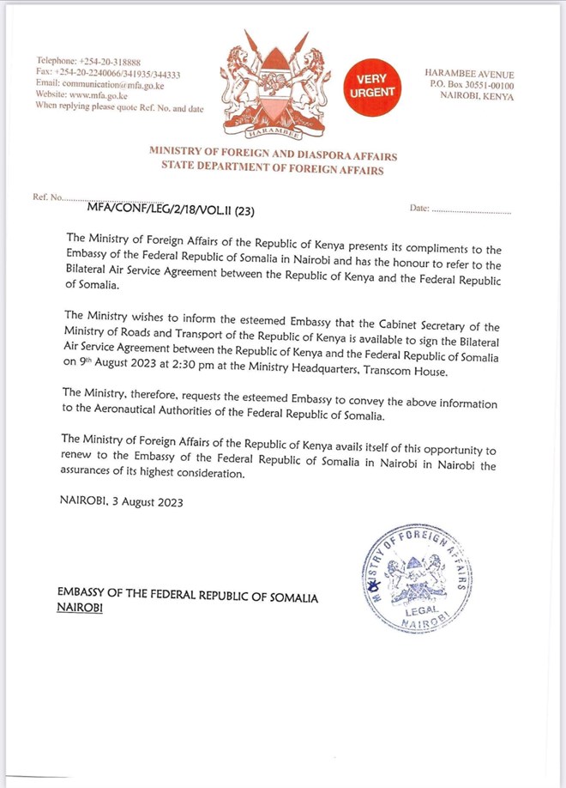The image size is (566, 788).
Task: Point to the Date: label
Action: [x=419, y=209]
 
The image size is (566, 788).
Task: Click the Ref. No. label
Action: [x=47, y=197]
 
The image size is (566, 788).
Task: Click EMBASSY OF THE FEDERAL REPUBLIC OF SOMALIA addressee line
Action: [x=187, y=596]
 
